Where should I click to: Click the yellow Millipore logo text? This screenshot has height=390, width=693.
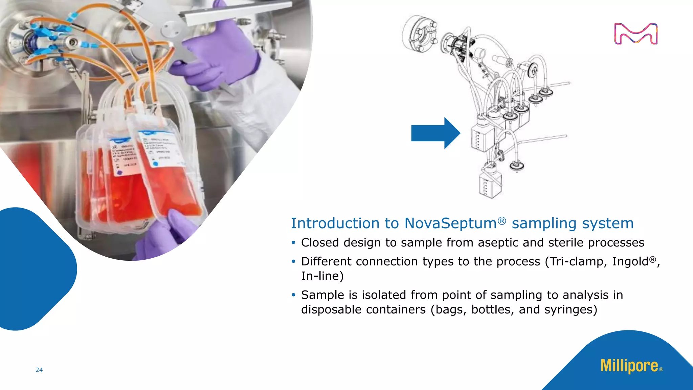pyautogui.click(x=629, y=366)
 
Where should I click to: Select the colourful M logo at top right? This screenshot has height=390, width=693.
pyautogui.click(x=636, y=34)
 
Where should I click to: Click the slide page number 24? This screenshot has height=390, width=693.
pyautogui.click(x=39, y=370)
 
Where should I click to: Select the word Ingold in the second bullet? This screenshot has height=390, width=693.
pyautogui.click(x=630, y=261)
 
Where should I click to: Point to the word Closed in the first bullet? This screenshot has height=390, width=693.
pyautogui.click(x=320, y=242)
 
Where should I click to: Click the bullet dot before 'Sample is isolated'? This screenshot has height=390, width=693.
pyautogui.click(x=293, y=295)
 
